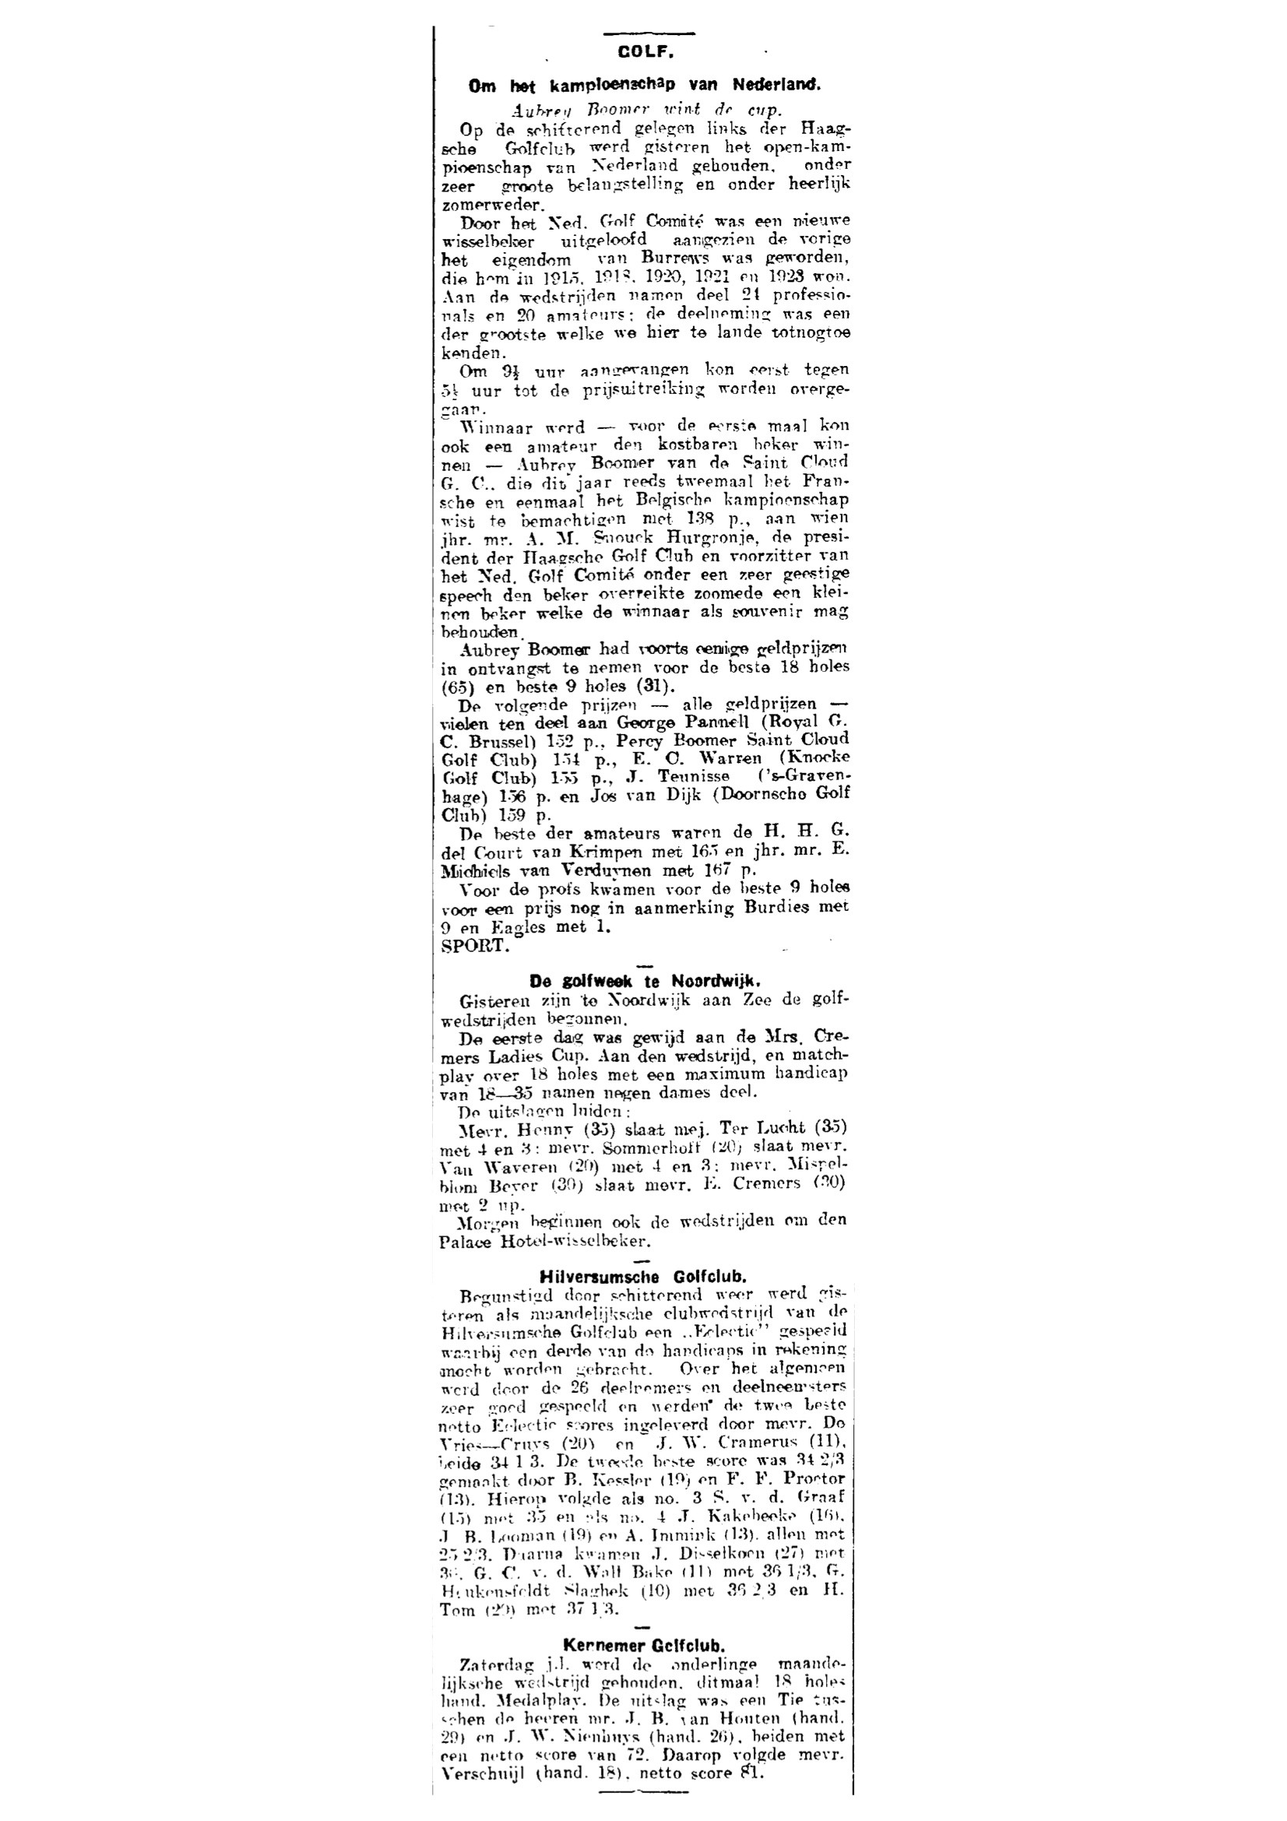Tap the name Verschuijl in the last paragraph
point(484,1759)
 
